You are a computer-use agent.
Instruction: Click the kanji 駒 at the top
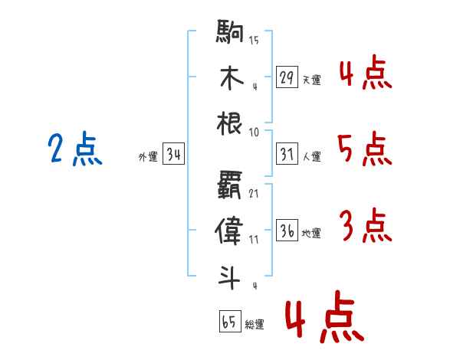click(x=230, y=31)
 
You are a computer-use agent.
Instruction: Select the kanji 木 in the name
click(x=232, y=77)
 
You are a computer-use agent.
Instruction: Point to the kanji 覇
click(x=229, y=185)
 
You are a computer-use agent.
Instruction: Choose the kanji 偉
click(x=228, y=231)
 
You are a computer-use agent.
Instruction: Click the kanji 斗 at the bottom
click(x=229, y=277)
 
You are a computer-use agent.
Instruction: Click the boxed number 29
click(x=287, y=77)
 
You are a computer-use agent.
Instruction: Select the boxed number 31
click(x=287, y=154)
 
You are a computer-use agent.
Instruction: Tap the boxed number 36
click(x=287, y=230)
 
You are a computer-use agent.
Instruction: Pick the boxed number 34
click(x=173, y=153)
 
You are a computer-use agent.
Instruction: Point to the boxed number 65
click(x=230, y=321)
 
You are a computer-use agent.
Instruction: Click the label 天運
click(x=312, y=80)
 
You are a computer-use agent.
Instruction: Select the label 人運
click(x=312, y=156)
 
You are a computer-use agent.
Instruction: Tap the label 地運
click(x=311, y=234)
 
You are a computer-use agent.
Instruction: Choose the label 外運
click(x=148, y=157)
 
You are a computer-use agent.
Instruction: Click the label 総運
click(x=255, y=325)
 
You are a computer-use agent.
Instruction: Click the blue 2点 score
click(x=75, y=149)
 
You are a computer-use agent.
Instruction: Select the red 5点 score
click(x=365, y=149)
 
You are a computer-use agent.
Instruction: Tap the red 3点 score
click(x=366, y=225)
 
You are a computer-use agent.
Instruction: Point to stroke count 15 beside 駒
click(x=254, y=40)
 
